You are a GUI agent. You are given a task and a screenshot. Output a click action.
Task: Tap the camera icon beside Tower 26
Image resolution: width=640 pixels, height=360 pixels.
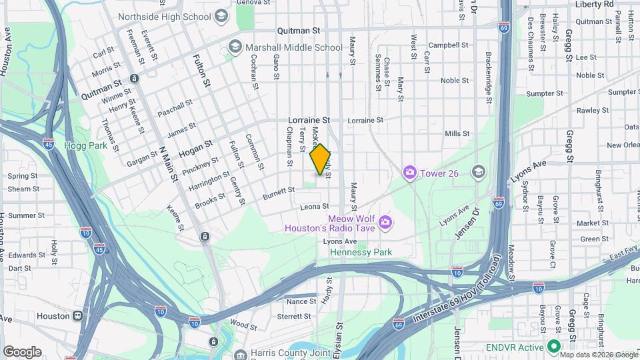pyautogui.click(x=409, y=173)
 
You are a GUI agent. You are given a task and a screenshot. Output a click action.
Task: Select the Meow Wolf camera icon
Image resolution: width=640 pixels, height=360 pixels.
pyautogui.click(x=384, y=222)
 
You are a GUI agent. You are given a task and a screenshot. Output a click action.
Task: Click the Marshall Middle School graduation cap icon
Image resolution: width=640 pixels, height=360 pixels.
pyautogui.click(x=234, y=47)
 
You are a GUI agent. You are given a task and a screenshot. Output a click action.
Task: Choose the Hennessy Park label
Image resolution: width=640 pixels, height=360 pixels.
pyautogui.click(x=361, y=252)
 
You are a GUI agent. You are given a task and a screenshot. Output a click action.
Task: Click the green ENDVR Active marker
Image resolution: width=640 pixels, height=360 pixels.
pyautogui.click(x=553, y=347)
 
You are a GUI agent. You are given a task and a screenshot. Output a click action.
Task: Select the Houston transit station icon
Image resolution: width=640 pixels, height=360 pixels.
pyautogui.click(x=79, y=316)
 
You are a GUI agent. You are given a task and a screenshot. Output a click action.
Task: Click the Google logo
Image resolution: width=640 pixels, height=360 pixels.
pyautogui.click(x=21, y=351)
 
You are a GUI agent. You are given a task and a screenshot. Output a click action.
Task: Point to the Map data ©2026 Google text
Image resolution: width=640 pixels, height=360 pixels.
pyautogui.click(x=599, y=355)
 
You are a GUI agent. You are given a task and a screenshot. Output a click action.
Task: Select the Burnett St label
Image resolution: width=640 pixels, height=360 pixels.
pyautogui.click(x=278, y=190)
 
